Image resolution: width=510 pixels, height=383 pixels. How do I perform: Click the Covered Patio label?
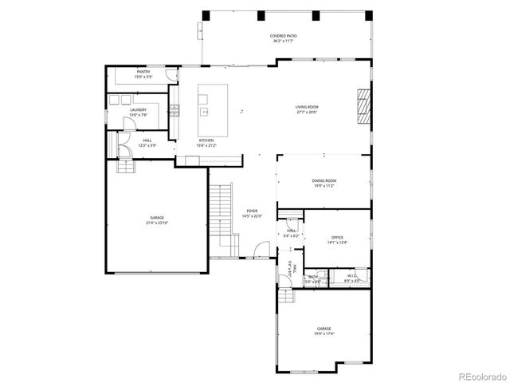coord(282,36)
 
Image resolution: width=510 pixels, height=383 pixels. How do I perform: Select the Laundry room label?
coord(139,110)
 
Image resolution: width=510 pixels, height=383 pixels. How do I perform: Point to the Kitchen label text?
coord(206,140)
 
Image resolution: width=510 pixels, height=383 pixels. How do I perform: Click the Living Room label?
coord(307,107)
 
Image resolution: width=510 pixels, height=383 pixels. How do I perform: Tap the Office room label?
coord(338,236)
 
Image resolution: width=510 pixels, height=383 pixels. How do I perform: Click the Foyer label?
coord(252,211)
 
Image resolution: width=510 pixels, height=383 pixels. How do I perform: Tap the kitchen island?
coord(213,101)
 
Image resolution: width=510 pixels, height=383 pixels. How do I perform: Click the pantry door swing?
coord(171,75)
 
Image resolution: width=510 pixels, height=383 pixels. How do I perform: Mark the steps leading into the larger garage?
coord(125,166)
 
